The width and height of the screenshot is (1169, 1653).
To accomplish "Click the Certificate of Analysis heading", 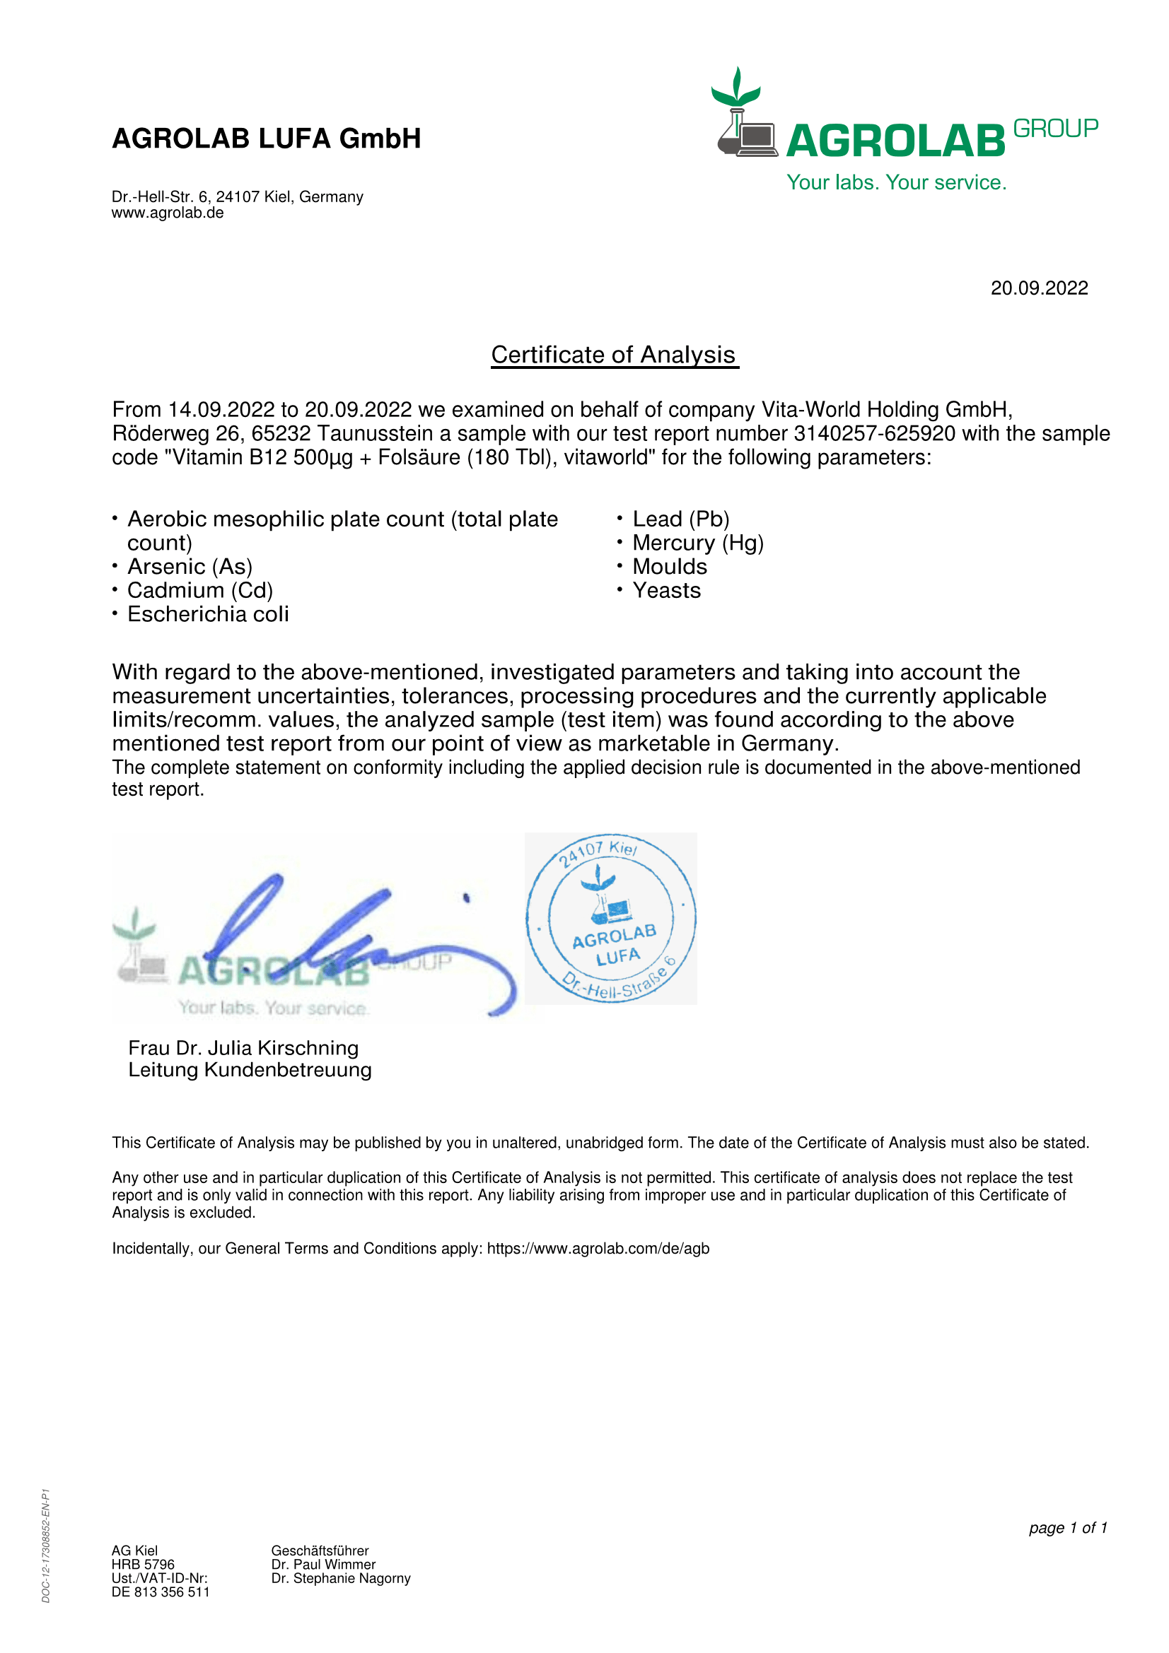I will [614, 355].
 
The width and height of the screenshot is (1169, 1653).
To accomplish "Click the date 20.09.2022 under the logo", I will [1039, 288].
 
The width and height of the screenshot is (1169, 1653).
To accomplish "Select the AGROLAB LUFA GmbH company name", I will [267, 139].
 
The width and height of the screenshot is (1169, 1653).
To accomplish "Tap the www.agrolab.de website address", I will [168, 213].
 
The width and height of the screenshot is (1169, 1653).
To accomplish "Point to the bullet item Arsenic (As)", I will [190, 567].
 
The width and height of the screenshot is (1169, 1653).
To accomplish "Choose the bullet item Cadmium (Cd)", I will [200, 590].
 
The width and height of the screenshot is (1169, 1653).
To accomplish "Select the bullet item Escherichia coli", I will [208, 614].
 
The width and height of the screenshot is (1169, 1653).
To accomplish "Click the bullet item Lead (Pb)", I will [680, 519].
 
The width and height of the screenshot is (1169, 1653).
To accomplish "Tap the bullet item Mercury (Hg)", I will [698, 543].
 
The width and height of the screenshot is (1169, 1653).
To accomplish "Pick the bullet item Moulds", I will [670, 567].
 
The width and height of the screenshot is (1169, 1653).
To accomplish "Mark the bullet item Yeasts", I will [666, 590].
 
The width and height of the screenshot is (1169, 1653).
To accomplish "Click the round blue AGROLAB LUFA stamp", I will [611, 918].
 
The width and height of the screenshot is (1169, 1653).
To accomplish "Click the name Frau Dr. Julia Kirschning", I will [243, 1047].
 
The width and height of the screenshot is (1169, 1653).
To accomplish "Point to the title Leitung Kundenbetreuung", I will [250, 1070].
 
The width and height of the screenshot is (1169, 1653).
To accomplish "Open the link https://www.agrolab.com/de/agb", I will [598, 1248].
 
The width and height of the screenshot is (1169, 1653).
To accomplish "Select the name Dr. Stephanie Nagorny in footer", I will [341, 1578].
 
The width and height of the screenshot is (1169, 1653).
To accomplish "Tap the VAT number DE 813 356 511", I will [161, 1592].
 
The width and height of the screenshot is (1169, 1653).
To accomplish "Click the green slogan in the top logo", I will [896, 182].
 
